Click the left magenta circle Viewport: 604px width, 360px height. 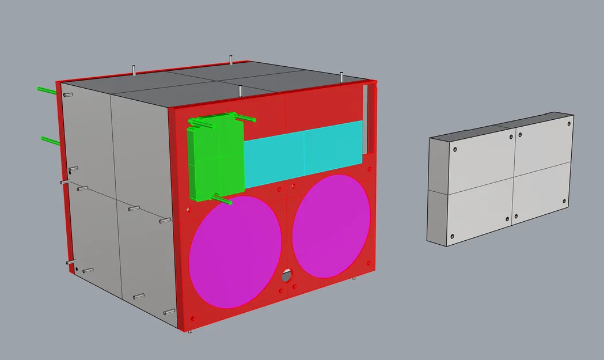click(x=235, y=251)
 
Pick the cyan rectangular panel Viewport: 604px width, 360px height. click(x=304, y=150)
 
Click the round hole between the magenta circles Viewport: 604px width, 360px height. click(x=287, y=276)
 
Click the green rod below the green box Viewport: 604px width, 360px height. click(x=222, y=200)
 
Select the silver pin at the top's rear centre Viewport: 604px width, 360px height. click(x=231, y=59)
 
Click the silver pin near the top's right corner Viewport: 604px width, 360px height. click(x=341, y=77)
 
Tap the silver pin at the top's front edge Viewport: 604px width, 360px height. click(x=240, y=90)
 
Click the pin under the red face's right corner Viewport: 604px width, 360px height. click(x=354, y=278)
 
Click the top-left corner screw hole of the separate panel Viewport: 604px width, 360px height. click(x=455, y=149)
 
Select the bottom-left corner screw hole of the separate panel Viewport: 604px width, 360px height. click(x=452, y=236)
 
